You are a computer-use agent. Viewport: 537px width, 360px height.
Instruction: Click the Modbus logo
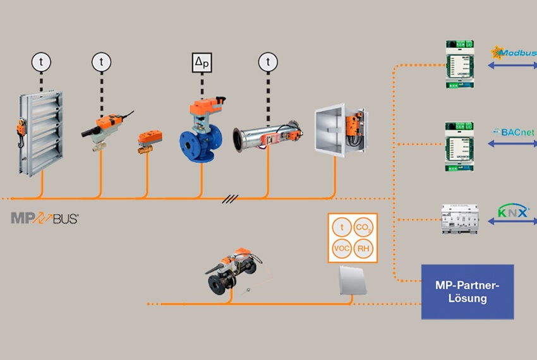pos(514,52)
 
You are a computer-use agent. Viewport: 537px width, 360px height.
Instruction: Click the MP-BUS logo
pos(44,219)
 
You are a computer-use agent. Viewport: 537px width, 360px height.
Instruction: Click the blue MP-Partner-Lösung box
pos(468,291)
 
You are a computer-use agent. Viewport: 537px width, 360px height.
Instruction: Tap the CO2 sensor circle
pos(363,227)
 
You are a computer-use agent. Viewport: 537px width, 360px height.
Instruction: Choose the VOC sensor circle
pos(341,249)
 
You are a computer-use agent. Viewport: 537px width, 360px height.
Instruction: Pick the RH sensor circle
pos(363,249)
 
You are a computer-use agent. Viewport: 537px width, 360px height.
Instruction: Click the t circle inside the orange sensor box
pos(341,227)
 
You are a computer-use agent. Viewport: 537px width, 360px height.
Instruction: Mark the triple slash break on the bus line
pos(230,198)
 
